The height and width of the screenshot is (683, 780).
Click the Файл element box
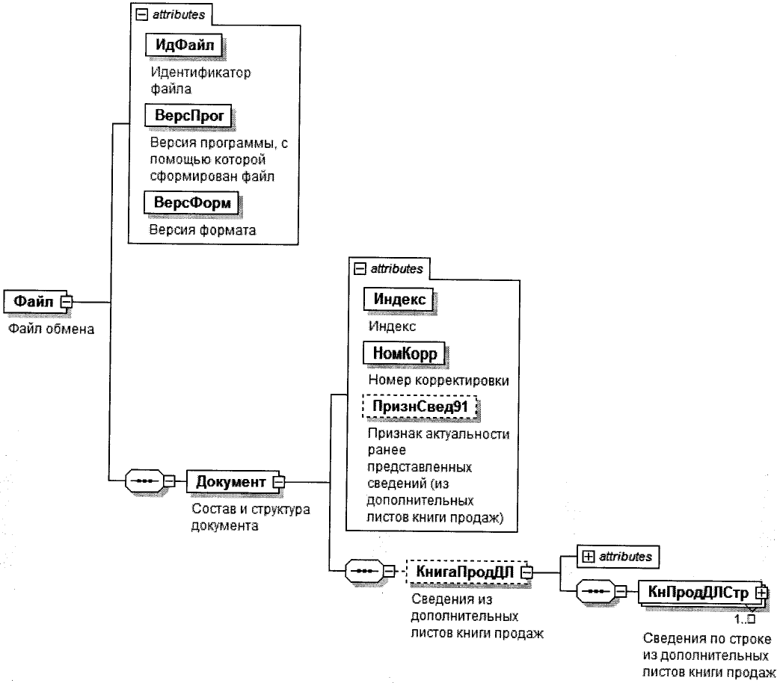(33, 302)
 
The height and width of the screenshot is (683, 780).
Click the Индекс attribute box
(399, 300)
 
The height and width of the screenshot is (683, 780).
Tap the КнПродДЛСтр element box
(696, 592)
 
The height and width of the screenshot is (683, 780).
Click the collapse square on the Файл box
(66, 302)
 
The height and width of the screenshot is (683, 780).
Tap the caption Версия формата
(201, 229)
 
